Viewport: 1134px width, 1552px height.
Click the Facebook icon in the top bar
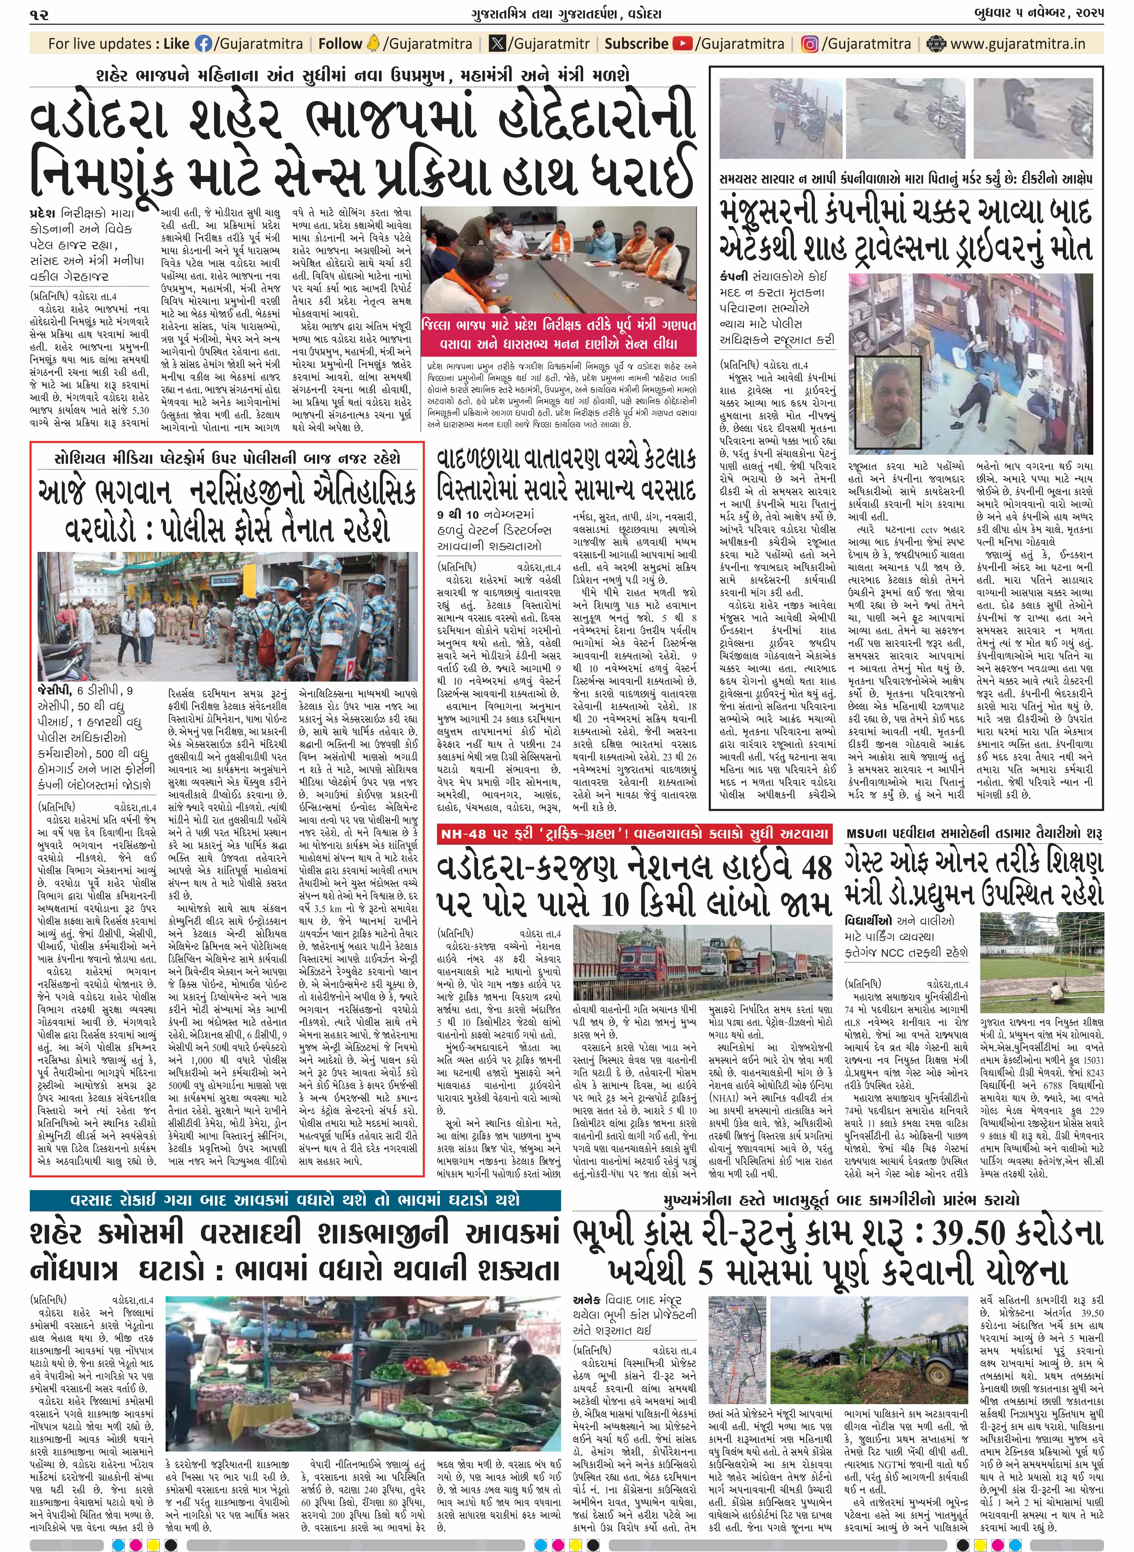coord(204,44)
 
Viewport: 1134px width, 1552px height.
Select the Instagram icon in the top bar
coord(811,44)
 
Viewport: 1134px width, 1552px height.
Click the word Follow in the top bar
coord(340,44)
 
